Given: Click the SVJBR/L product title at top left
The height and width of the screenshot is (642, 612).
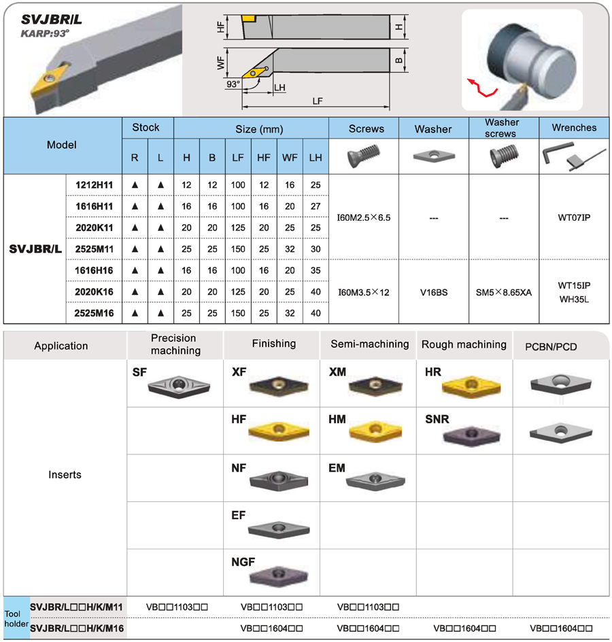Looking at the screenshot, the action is (51, 19).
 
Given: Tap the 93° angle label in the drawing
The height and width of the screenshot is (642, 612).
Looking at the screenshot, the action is (233, 84).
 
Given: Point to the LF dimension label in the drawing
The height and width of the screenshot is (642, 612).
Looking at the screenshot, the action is (318, 101).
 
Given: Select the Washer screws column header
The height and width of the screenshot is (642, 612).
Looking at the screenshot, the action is (502, 128).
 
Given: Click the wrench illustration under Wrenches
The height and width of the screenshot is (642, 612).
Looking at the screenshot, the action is (574, 156).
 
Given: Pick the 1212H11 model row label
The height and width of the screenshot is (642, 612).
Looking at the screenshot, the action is (94, 185).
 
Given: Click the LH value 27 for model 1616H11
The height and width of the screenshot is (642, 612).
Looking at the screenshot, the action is (316, 207).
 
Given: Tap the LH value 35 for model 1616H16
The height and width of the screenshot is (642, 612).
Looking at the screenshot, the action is (316, 270).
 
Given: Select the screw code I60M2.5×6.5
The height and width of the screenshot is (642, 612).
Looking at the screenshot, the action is (364, 217).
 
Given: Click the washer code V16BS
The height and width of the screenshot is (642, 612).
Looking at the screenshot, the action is (434, 292).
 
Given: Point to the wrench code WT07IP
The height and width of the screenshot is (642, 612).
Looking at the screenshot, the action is (574, 217).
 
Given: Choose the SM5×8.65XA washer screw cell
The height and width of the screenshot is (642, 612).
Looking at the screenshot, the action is (503, 292).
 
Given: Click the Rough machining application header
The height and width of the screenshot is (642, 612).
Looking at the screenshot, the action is (464, 344).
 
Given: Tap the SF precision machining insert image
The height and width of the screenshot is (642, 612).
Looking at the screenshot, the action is (179, 386).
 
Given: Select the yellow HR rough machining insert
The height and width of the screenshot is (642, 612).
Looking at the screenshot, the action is (471, 386).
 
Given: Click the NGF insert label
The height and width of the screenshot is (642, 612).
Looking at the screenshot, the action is (243, 562).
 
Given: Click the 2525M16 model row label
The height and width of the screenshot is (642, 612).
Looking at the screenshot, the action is (94, 313).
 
